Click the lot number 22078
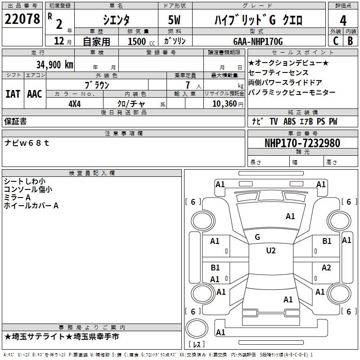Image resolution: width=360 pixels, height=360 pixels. pyautogui.click(x=22, y=19)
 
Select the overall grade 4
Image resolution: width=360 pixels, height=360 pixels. pyautogui.click(x=343, y=20)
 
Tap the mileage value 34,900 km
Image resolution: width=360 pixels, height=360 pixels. pyautogui.click(x=55, y=65)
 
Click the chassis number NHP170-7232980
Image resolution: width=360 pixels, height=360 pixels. pyautogui.click(x=302, y=143)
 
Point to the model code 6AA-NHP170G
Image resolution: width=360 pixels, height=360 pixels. pyautogui.click(x=258, y=41)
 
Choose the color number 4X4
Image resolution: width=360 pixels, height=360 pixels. pyautogui.click(x=75, y=104)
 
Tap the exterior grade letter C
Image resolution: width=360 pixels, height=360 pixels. pyautogui.click(x=336, y=41)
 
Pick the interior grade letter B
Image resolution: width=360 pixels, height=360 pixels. pyautogui.click(x=350, y=41)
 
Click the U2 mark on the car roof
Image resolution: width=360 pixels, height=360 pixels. pyautogui.click(x=271, y=251)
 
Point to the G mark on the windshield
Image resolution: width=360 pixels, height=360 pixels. pyautogui.click(x=257, y=237)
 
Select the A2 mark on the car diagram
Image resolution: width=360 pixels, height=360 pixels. pyautogui.click(x=326, y=268)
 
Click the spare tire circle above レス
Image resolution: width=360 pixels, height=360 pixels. pyautogui.click(x=197, y=328)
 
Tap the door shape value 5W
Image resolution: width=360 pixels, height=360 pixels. pyautogui.click(x=174, y=20)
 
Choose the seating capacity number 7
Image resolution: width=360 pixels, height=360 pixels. pyautogui.click(x=188, y=85)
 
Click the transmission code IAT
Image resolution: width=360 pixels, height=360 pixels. pyautogui.click(x=13, y=94)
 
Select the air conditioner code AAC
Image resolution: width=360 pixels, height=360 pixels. pyautogui.click(x=35, y=94)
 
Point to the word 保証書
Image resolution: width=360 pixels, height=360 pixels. pyautogui.click(x=15, y=121)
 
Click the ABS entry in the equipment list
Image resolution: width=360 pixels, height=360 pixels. pyautogui.click(x=289, y=121)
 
